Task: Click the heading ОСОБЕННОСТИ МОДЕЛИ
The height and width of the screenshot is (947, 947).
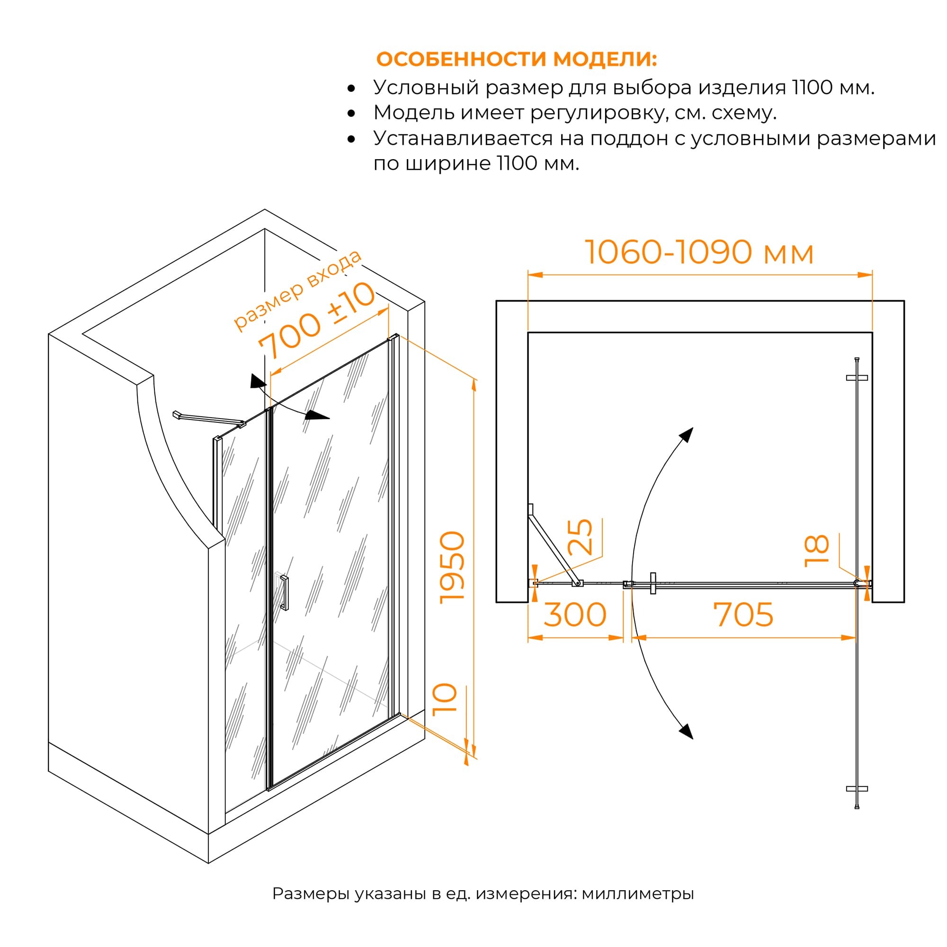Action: (x=517, y=59)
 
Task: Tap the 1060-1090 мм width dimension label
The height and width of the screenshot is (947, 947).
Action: (x=699, y=252)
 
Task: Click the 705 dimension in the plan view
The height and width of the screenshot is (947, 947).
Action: (x=743, y=615)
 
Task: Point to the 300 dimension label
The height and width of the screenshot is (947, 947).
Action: (x=575, y=615)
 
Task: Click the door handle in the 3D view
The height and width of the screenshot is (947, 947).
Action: (x=284, y=592)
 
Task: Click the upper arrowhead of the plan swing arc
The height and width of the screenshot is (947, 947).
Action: (x=686, y=434)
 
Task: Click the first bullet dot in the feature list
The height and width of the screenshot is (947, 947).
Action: (x=351, y=89)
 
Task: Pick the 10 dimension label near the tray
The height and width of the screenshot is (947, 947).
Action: (x=446, y=700)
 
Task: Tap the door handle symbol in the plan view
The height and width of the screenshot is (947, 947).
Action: (x=652, y=583)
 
